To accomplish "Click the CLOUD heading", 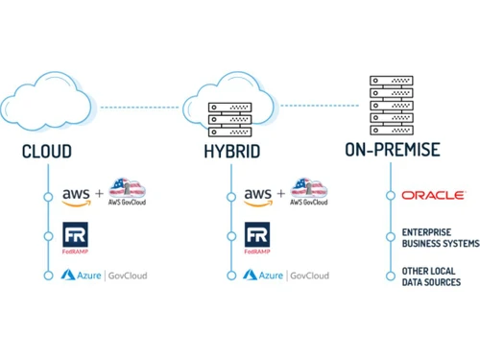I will [47, 153].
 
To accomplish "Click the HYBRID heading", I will [231, 153].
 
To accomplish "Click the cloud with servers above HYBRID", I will [231, 101].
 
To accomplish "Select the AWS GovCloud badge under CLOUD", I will [130, 192].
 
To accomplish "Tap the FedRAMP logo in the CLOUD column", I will [76, 238].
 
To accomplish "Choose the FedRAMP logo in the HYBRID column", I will [257, 238].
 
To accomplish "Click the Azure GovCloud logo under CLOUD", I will [105, 276].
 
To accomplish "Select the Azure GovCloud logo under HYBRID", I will [286, 276].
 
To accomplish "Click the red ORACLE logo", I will [434, 195].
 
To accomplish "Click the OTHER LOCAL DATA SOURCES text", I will [432, 276].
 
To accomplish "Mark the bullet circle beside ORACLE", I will [390, 195].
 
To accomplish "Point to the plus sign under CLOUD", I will [100, 194].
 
